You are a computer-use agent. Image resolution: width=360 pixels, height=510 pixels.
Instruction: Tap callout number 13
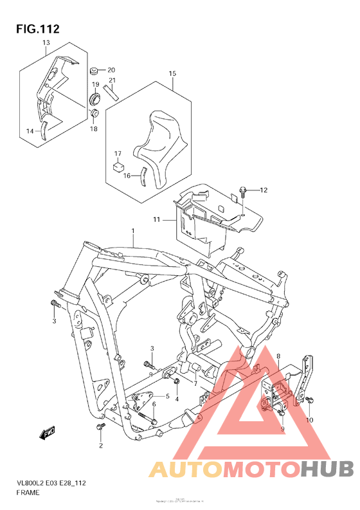click(46, 43)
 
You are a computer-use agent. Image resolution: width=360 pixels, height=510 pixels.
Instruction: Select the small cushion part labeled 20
click(94, 69)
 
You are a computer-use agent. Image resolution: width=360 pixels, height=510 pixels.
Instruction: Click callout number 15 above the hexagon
click(172, 74)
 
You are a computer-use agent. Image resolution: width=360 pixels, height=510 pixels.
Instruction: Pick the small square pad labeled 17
click(118, 165)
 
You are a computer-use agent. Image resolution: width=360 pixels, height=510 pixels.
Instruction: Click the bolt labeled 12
click(243, 190)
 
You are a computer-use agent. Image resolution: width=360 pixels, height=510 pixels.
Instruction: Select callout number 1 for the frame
click(133, 231)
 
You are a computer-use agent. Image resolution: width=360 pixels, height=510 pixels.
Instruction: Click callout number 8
click(278, 356)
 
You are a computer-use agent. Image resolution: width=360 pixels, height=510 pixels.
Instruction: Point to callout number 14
click(30, 131)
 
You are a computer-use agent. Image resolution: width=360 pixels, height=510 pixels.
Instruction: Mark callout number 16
click(127, 175)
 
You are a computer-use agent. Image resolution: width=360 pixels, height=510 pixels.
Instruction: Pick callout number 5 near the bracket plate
click(168, 397)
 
